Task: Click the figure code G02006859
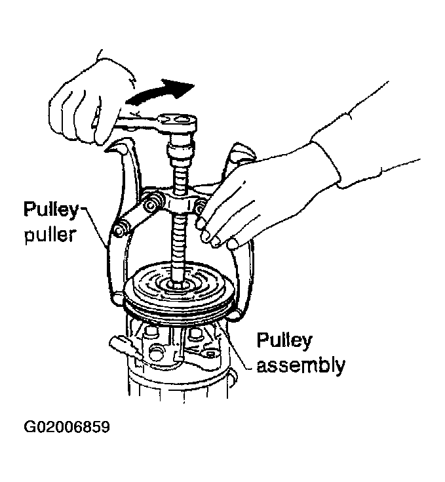pyautogui.click(x=67, y=427)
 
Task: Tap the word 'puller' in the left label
pyautogui.click(x=50, y=236)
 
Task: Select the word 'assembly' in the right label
pyautogui.click(x=301, y=365)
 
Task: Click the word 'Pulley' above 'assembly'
pyautogui.click(x=284, y=340)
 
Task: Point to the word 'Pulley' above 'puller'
pyautogui.click(x=51, y=211)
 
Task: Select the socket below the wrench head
pyautogui.click(x=181, y=149)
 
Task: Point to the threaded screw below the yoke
pyautogui.click(x=179, y=246)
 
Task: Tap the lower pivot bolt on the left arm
pyautogui.click(x=119, y=230)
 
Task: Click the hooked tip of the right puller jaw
pyautogui.click(x=235, y=315)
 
